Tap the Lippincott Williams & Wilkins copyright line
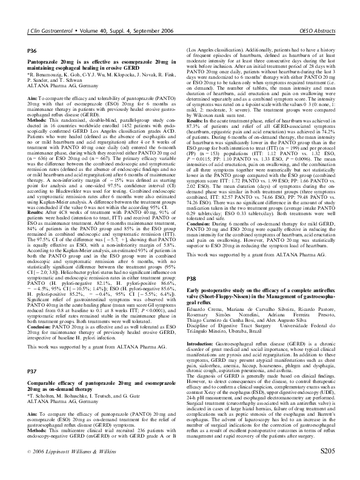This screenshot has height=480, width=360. point(67,469)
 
